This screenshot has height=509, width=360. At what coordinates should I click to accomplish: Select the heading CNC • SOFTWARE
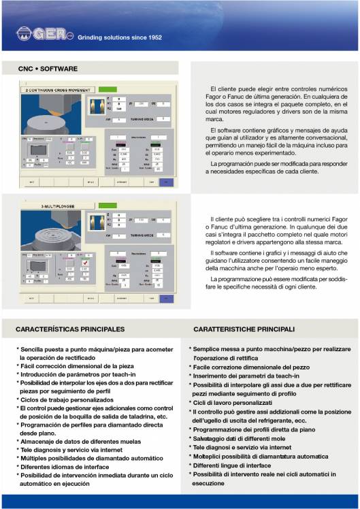tap(48, 69)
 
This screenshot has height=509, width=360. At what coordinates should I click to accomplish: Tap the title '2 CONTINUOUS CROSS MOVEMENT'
tap(56, 90)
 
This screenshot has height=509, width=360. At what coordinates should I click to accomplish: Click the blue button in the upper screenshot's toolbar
tap(166, 182)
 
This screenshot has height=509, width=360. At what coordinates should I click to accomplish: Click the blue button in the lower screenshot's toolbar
tap(166, 297)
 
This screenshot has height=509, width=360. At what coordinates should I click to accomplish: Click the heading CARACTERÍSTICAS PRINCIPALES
tap(70, 329)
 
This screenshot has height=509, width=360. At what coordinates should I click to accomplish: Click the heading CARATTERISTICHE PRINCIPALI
tap(244, 329)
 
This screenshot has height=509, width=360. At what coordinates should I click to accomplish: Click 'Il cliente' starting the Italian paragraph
tap(223, 219)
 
